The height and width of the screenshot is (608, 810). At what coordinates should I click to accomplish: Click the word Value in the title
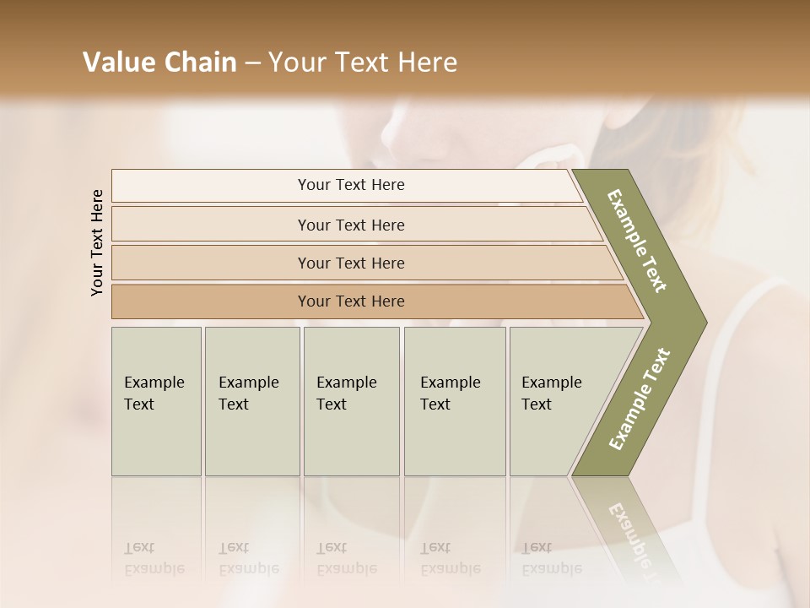(x=117, y=62)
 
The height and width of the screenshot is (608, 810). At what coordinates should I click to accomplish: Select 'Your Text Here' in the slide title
(x=363, y=62)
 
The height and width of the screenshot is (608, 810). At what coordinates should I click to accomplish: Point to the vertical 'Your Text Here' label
(x=97, y=242)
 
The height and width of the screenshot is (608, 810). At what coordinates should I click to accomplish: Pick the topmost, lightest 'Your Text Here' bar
(x=351, y=185)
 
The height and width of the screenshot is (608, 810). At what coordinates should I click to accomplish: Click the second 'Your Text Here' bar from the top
(x=351, y=225)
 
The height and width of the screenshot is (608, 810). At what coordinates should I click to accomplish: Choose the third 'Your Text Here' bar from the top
(x=351, y=263)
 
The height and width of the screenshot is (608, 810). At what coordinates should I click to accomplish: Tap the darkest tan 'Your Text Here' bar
(x=351, y=301)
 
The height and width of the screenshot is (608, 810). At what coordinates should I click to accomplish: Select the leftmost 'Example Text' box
(x=156, y=401)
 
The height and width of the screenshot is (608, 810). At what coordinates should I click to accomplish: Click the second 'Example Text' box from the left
(x=251, y=401)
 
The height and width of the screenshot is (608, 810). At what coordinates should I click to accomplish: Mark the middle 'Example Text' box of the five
(x=351, y=401)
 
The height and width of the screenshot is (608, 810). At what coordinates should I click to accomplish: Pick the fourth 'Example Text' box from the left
(x=454, y=401)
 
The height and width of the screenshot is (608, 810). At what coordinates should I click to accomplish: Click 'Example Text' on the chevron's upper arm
(x=638, y=241)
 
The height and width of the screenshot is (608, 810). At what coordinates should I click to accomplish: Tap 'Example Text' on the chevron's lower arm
(x=639, y=399)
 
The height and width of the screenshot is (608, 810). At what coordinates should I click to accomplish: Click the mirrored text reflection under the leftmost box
(x=154, y=559)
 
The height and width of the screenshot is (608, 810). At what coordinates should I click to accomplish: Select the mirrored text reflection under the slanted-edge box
(x=552, y=559)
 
